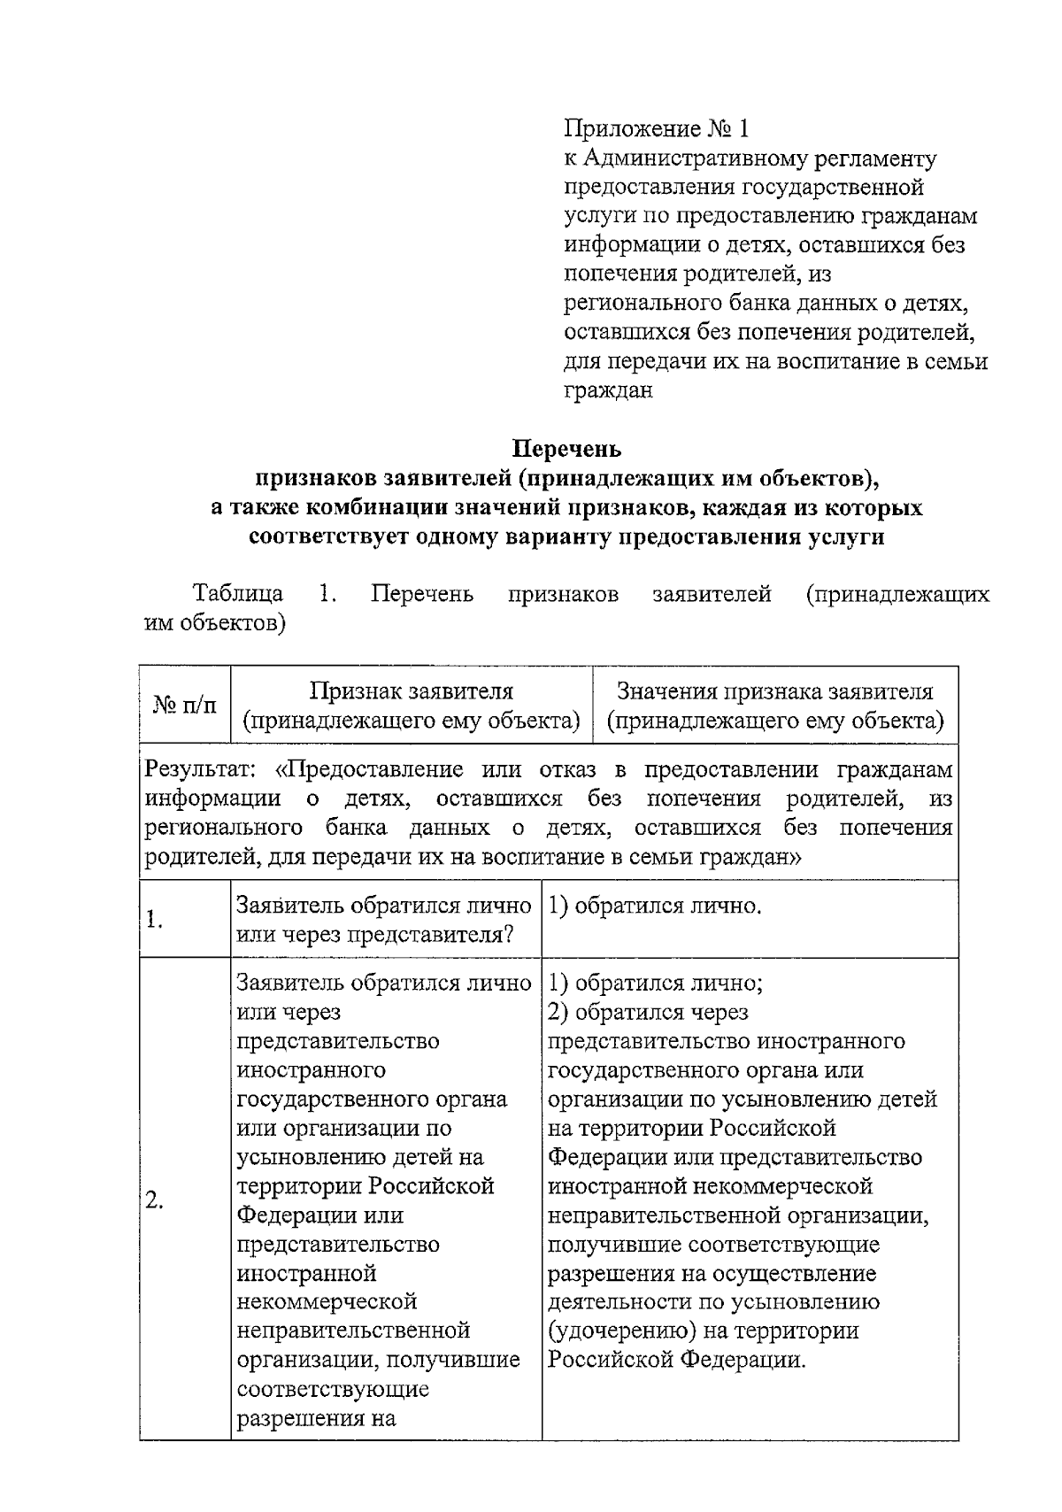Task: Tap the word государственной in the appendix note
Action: tap(833, 188)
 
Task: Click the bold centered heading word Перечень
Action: tap(567, 449)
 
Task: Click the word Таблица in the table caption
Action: tap(238, 593)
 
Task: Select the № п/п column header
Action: tap(184, 706)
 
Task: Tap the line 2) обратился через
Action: tap(648, 1012)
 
